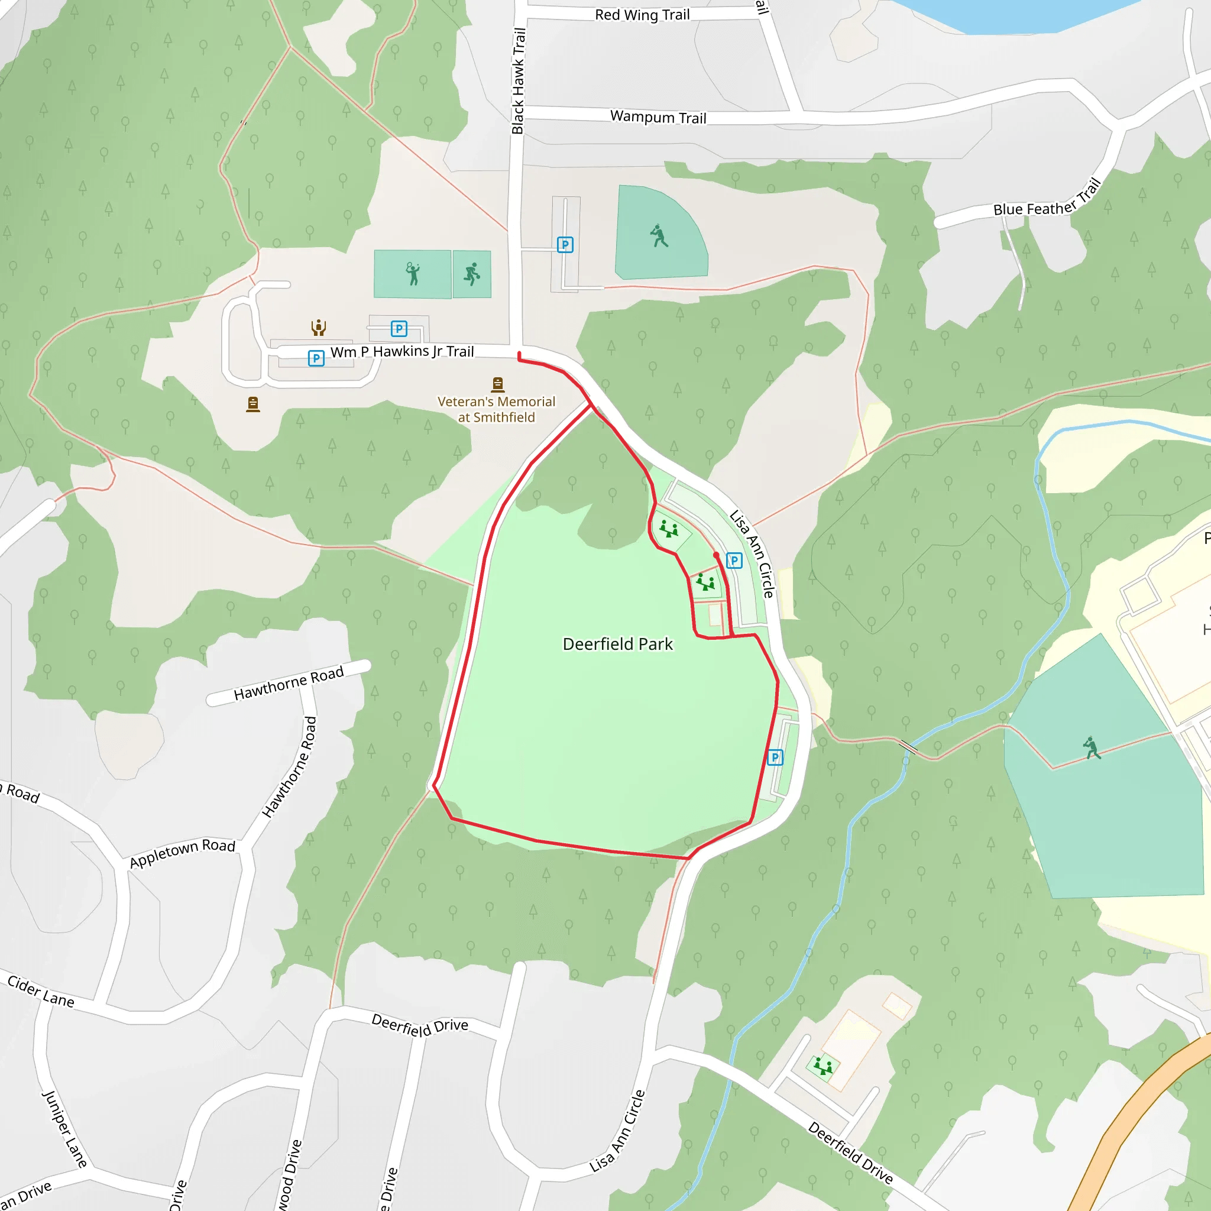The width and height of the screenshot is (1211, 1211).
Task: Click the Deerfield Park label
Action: click(617, 644)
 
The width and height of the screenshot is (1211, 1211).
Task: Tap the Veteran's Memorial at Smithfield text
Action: click(497, 409)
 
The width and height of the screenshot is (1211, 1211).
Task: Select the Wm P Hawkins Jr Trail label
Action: click(401, 352)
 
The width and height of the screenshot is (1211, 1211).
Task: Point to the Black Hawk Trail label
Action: click(519, 81)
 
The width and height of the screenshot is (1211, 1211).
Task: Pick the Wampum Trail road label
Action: click(658, 117)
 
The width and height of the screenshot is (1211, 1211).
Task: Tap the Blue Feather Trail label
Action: click(1047, 199)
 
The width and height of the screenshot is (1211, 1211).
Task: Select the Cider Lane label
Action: click(41, 991)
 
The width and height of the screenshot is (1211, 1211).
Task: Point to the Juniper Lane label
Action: click(64, 1129)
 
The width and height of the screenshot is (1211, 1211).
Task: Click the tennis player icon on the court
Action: click(413, 273)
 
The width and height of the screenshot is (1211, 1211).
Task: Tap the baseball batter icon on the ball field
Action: click(659, 237)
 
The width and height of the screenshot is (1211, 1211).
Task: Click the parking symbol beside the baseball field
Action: click(565, 244)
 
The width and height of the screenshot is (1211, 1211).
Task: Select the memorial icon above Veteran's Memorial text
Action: click(498, 384)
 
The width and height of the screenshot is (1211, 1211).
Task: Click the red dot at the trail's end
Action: click(716, 555)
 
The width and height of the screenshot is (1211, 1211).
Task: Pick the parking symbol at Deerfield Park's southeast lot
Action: click(775, 757)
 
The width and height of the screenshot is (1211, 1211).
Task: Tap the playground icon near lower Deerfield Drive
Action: click(823, 1066)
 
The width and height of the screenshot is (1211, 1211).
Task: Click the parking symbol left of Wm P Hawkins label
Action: click(316, 358)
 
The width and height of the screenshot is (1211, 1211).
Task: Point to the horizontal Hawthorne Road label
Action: click(289, 683)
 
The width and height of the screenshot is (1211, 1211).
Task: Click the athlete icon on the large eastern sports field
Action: click(1092, 747)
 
